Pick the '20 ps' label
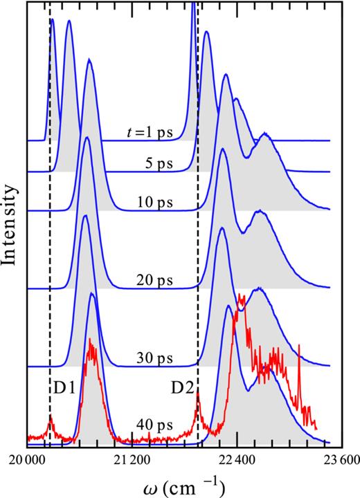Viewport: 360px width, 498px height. point(155,281)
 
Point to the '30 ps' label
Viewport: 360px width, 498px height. point(155,360)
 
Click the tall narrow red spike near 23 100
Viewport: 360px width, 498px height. point(298,345)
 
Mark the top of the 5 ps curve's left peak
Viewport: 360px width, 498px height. point(69,21)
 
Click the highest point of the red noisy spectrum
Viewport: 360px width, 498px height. point(240,295)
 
